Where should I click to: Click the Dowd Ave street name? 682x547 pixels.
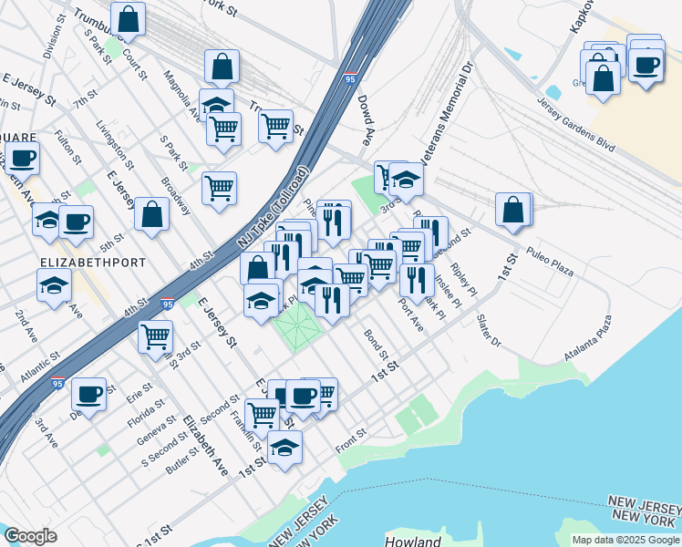coord(367,122)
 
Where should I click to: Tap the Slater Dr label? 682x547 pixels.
coord(490,332)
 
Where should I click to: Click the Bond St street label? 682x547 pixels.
coord(376,344)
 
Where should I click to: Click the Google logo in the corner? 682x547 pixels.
coord(30,536)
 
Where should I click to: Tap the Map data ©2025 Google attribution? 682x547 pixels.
coord(625,540)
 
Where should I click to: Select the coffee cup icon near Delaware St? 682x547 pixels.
coord(88,394)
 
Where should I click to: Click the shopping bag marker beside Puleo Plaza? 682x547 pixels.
coord(513,210)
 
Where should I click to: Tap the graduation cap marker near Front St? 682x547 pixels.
coord(284,448)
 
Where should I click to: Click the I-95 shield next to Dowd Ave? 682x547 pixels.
coord(352,80)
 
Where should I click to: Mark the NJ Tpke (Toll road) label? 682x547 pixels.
coord(274,209)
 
